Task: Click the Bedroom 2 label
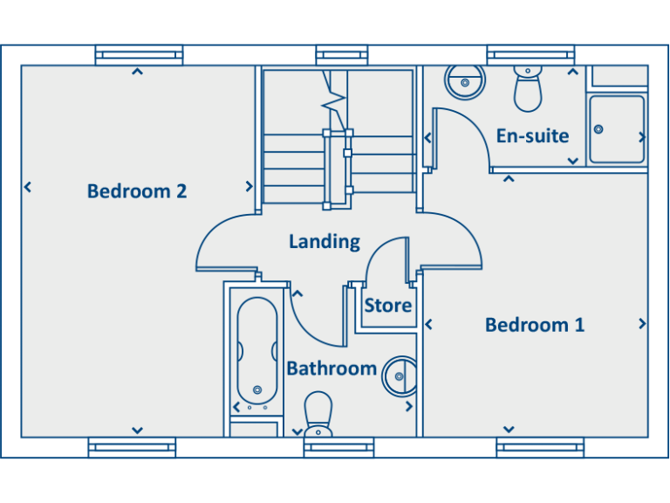pyautogui.click(x=137, y=190)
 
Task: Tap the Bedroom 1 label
pyautogui.click(x=535, y=325)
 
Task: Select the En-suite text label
pyautogui.click(x=532, y=135)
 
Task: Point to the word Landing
pyautogui.click(x=325, y=241)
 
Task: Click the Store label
pyautogui.click(x=388, y=306)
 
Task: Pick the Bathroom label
pyautogui.click(x=332, y=369)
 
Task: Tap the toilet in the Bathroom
pyautogui.click(x=318, y=412)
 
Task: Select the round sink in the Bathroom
pyautogui.click(x=400, y=376)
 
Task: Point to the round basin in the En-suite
pyautogui.click(x=464, y=84)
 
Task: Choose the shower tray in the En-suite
pyautogui.click(x=617, y=129)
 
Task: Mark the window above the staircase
pyautogui.click(x=342, y=55)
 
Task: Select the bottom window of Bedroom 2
pyautogui.click(x=132, y=448)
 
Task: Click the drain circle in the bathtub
pyautogui.click(x=256, y=389)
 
